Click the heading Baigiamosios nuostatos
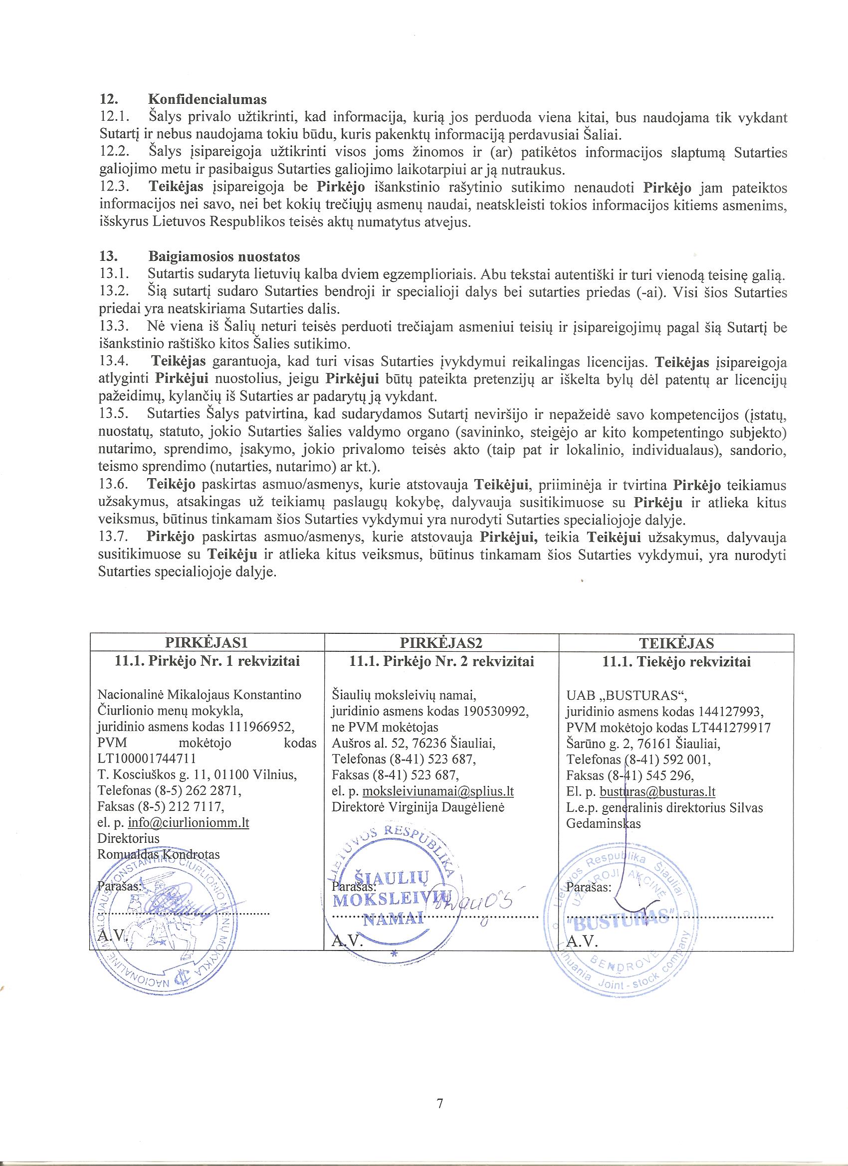click(x=224, y=256)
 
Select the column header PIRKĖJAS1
click(x=207, y=643)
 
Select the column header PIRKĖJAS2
click(x=441, y=643)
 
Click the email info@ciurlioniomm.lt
click(x=188, y=822)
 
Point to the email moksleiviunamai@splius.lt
click(x=438, y=791)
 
